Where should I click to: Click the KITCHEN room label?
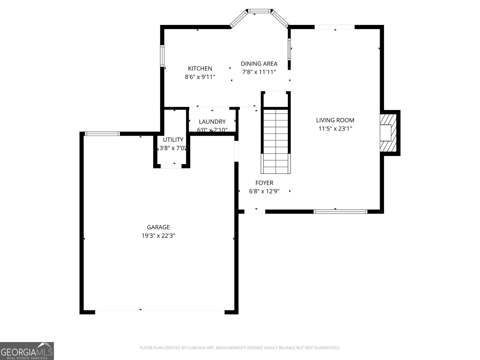200,68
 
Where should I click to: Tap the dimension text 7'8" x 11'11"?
259,72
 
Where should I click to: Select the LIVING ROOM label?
335,120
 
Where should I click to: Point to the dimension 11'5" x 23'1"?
335,129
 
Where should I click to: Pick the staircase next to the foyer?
276,141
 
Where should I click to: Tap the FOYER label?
264,183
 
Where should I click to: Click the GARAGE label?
158,227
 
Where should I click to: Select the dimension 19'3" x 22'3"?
158,236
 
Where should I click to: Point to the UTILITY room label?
173,140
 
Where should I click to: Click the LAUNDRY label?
212,122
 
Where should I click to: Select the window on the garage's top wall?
102,134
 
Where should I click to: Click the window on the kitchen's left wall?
162,56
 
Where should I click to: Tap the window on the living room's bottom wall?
340,211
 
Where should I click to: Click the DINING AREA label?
259,64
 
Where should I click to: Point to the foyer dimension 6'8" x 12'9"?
264,191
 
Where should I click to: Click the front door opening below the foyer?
255,211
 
